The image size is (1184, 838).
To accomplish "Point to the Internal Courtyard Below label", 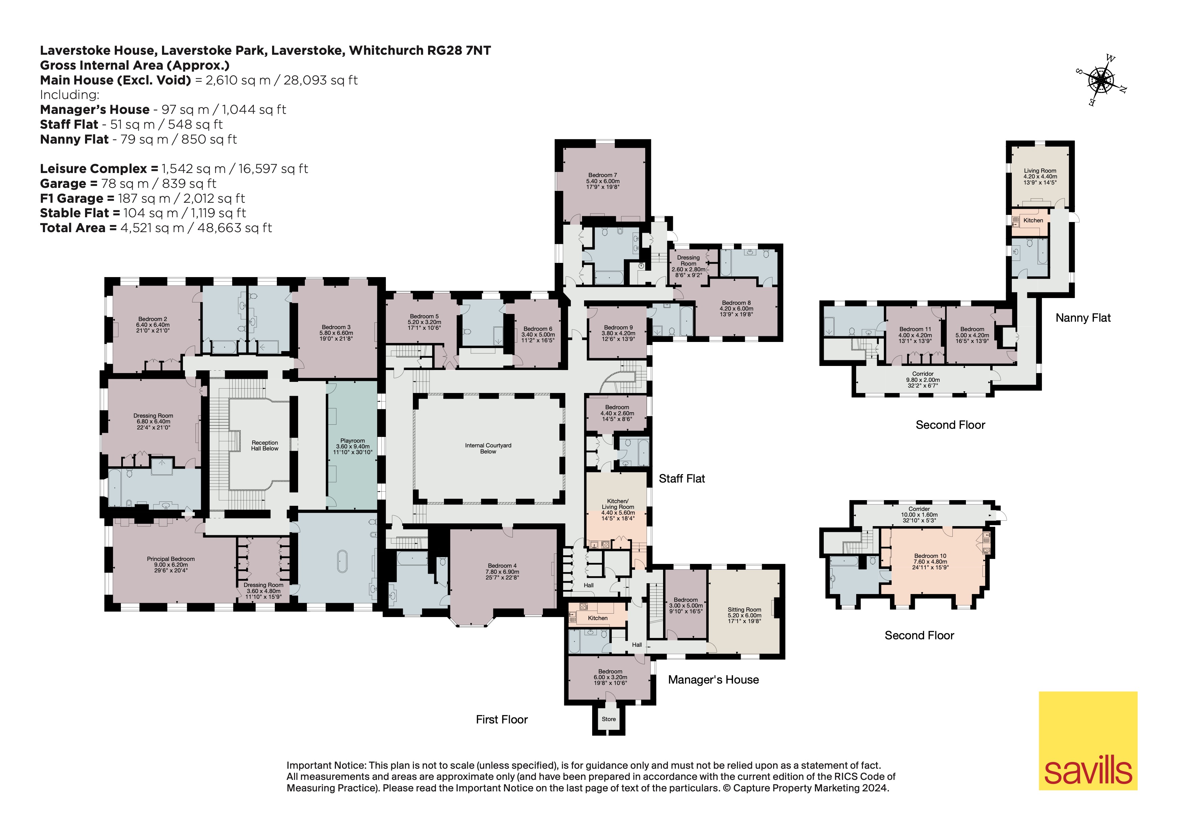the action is click(x=488, y=448).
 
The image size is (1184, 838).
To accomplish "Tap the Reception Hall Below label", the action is click(x=265, y=445).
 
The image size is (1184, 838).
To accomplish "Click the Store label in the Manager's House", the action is click(x=608, y=719).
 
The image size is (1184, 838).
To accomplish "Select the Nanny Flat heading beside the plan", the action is click(x=1083, y=318).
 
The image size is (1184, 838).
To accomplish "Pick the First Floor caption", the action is click(x=502, y=719).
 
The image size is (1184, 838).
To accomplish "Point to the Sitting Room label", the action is click(x=744, y=615).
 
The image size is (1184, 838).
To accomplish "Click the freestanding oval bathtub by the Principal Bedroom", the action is click(x=342, y=561).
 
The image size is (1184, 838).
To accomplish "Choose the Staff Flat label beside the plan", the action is click(x=682, y=479).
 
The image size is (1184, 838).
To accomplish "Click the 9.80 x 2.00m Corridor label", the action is click(x=923, y=379).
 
